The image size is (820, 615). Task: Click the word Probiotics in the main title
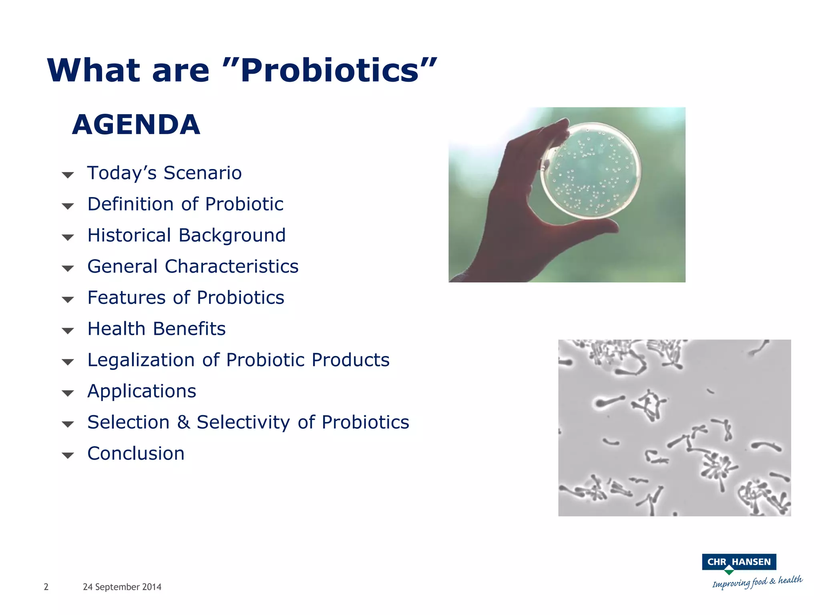point(330,71)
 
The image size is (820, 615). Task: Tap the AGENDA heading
point(136,125)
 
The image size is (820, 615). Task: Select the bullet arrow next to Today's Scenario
point(68,175)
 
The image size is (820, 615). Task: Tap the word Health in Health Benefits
point(116,329)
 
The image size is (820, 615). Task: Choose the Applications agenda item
point(142,391)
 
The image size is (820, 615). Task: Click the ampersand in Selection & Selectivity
point(183,422)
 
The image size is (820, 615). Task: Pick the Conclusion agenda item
point(136,454)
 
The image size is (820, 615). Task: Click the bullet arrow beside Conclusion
point(68,456)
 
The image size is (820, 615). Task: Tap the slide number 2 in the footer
point(46,587)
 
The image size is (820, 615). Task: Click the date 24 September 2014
point(122,587)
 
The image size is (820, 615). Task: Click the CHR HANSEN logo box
point(739,562)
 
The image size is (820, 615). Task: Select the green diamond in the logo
point(729,571)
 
